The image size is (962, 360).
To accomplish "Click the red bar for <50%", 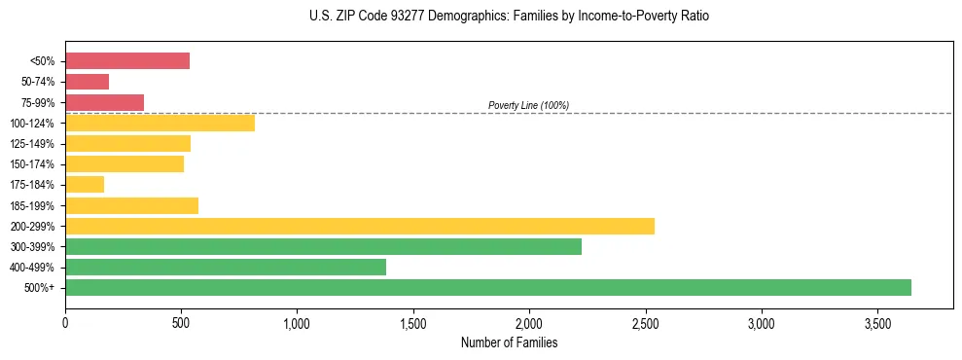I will [x=127, y=60].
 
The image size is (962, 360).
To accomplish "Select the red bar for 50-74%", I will [x=88, y=82].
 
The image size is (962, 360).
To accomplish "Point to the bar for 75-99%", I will [x=105, y=102].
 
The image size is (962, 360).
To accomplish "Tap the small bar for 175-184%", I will [x=85, y=184].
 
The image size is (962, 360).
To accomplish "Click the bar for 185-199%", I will [x=132, y=205].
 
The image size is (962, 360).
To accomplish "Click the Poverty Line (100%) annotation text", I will [x=528, y=105].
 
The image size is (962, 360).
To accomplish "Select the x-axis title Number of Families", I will [x=510, y=342].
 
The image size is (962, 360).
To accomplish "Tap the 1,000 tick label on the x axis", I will [x=297, y=322].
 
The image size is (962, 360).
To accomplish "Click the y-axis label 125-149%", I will [x=32, y=144].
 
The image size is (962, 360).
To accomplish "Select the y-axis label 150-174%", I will [x=32, y=164].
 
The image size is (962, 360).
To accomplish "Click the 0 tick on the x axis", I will [x=65, y=322].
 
